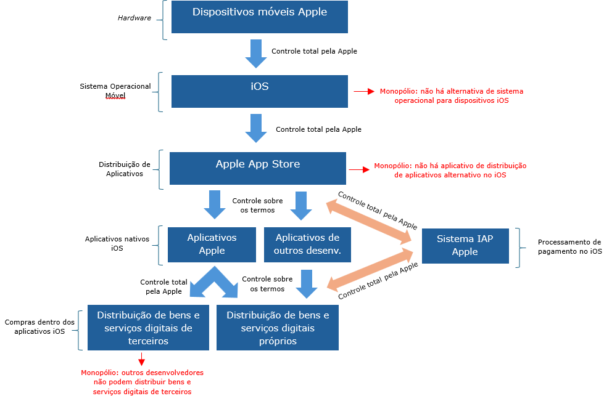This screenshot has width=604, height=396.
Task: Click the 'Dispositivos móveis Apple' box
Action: click(260, 17)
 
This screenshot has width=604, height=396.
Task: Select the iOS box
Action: click(260, 91)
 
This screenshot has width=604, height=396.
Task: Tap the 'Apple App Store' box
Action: click(258, 168)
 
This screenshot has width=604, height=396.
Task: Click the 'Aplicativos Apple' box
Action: click(212, 244)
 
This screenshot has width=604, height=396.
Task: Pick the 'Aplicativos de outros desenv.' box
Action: click(307, 244)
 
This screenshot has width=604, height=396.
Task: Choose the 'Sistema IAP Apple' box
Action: click(465, 246)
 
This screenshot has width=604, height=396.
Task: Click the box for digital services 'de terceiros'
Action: click(145, 328)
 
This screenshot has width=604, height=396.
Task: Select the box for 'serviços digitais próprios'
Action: click(278, 328)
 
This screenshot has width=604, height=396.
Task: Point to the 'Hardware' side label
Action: click(134, 18)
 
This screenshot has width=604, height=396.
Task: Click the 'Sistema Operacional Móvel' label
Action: click(115, 91)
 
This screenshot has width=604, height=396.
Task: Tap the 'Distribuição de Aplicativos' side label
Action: click(125, 169)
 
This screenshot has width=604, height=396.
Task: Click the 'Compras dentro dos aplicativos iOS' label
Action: click(39, 326)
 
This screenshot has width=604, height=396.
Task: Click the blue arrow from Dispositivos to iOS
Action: click(255, 54)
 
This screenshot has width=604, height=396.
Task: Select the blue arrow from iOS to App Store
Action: click(255, 128)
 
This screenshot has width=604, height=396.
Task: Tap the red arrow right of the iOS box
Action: click(364, 91)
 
